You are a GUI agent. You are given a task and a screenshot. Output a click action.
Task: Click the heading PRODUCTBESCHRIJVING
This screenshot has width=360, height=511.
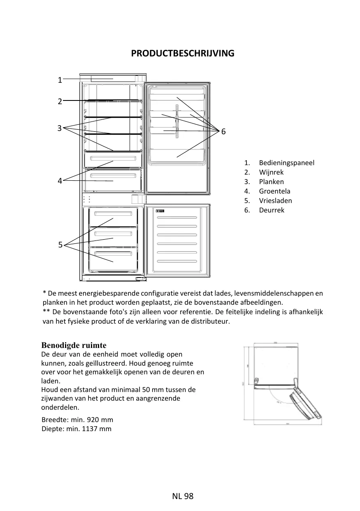pos(183,54)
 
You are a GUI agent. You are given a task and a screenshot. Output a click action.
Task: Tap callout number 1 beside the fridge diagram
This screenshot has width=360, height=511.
pos(60,80)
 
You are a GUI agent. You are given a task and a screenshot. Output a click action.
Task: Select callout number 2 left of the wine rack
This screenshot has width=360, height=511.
pos(60,101)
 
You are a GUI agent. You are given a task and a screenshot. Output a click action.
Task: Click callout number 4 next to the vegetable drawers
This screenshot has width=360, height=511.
pos(60,181)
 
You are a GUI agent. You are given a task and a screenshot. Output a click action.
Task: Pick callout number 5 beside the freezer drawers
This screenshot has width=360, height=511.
pos(60,245)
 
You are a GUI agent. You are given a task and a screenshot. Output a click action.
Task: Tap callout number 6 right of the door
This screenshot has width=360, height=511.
pos(223,132)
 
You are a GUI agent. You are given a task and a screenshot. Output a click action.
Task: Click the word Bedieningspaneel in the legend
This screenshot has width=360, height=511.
pos(286,163)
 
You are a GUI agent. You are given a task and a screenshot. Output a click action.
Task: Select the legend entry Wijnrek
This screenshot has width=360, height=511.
pos(271,172)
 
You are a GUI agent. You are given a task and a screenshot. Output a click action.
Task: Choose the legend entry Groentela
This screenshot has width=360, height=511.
pos(274,191)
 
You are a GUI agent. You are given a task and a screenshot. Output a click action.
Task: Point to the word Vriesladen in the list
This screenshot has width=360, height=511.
pos(275,201)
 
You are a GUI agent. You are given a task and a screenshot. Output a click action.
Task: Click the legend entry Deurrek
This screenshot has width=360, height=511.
pos(272,210)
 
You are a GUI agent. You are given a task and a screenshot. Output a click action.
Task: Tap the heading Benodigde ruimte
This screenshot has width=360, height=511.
pos(74,345)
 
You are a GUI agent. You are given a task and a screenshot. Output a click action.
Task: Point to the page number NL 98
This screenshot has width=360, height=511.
pos(183,496)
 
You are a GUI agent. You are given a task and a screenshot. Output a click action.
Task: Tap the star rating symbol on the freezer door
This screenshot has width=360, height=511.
pos(160,211)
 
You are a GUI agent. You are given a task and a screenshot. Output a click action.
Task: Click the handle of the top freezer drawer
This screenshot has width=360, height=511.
pos(113,213)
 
